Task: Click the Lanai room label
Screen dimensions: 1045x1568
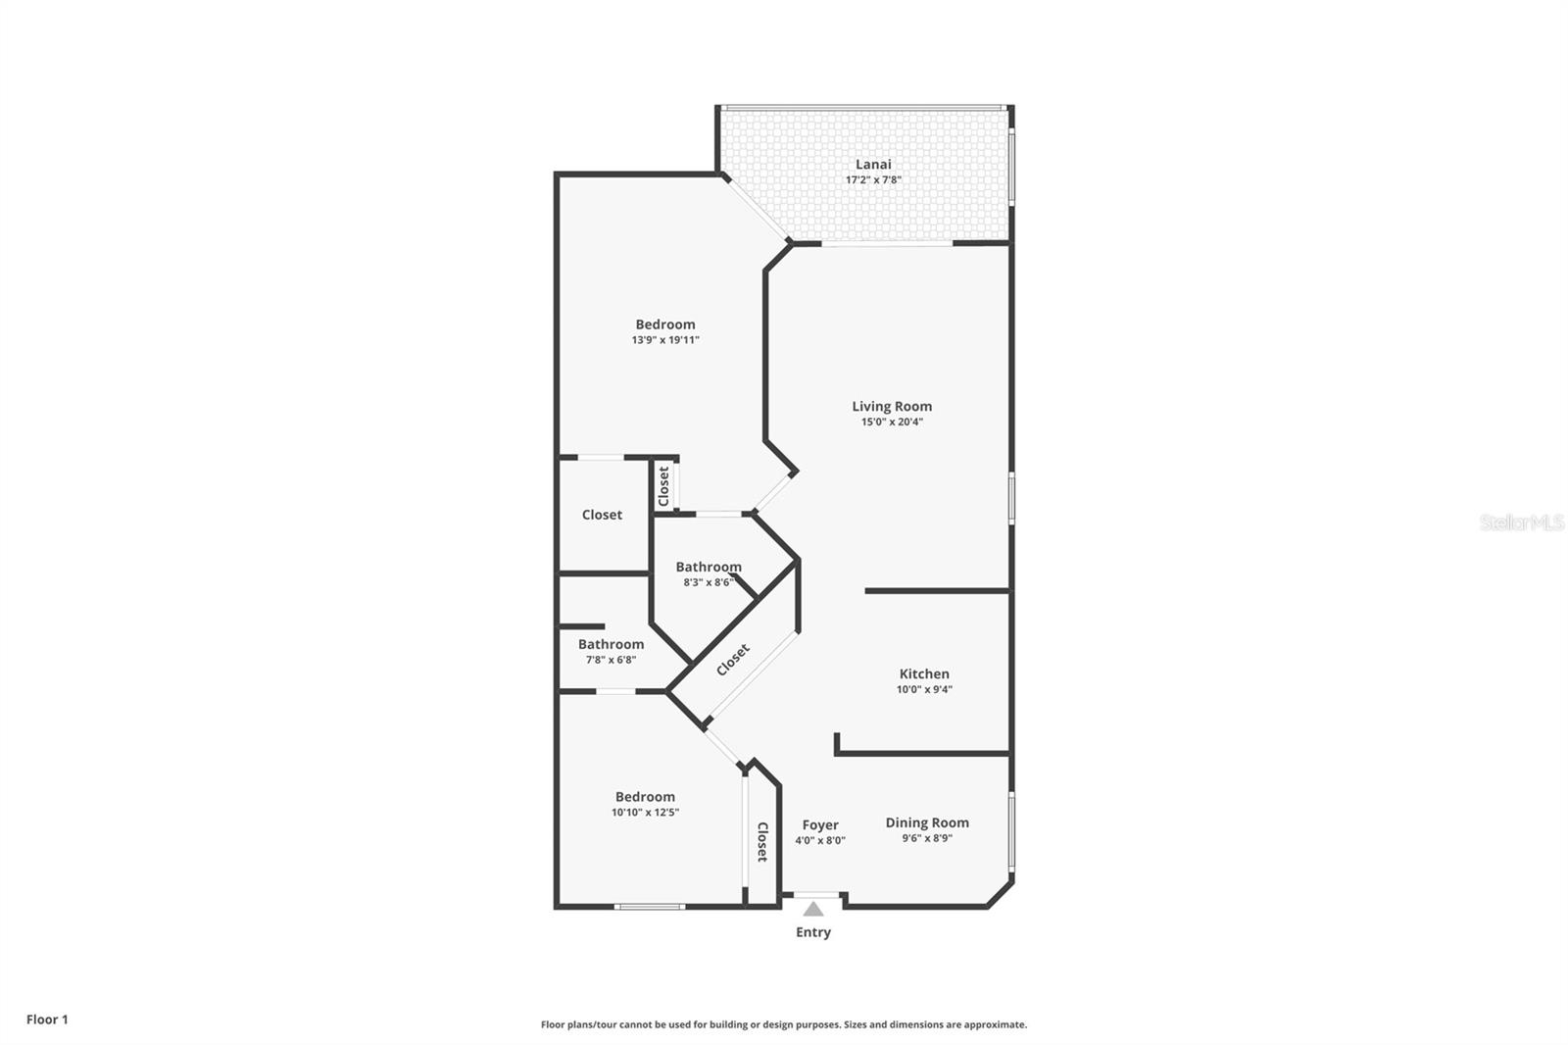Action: pos(873,164)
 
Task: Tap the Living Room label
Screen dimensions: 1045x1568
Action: pos(892,406)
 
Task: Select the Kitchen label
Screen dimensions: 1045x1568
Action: pos(924,673)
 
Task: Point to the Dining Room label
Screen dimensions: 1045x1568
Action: pos(927,822)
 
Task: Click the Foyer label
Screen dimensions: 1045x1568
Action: pos(820,824)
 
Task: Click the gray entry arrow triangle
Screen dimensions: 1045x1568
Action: pos(813,909)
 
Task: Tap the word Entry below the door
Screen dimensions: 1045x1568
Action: pos(813,932)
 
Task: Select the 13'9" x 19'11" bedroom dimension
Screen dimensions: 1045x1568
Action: pos(665,340)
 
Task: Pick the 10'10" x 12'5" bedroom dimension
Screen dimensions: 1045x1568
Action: pos(645,813)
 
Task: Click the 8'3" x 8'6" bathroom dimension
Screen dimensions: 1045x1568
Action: pos(709,582)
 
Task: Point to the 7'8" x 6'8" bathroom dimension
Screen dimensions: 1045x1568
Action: pos(611,660)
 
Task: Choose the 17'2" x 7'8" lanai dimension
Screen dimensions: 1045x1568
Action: pos(873,180)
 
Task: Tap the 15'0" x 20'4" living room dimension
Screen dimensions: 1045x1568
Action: pos(892,423)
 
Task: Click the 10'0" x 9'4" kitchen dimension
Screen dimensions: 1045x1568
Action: pos(924,689)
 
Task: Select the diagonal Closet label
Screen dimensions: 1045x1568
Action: pos(733,659)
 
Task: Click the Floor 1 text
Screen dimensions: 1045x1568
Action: pos(47,1020)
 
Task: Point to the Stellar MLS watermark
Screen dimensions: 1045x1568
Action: pos(1522,522)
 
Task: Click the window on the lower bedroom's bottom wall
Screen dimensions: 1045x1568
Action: pos(649,907)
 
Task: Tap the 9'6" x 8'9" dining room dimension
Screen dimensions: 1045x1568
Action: pos(927,838)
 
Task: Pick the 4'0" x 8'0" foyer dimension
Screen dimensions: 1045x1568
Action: pos(820,840)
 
